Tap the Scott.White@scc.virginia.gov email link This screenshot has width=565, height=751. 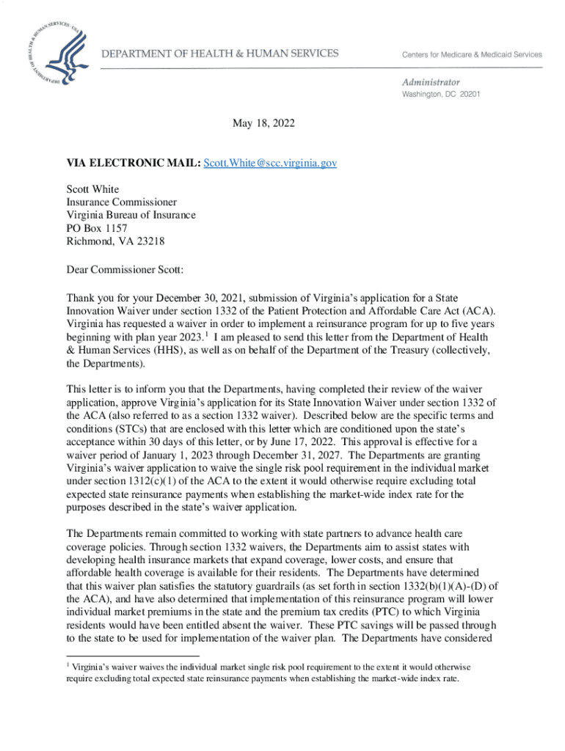[x=270, y=163]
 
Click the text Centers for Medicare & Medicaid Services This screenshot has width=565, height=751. [x=471, y=54]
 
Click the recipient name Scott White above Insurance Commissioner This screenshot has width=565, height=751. [x=92, y=188]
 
